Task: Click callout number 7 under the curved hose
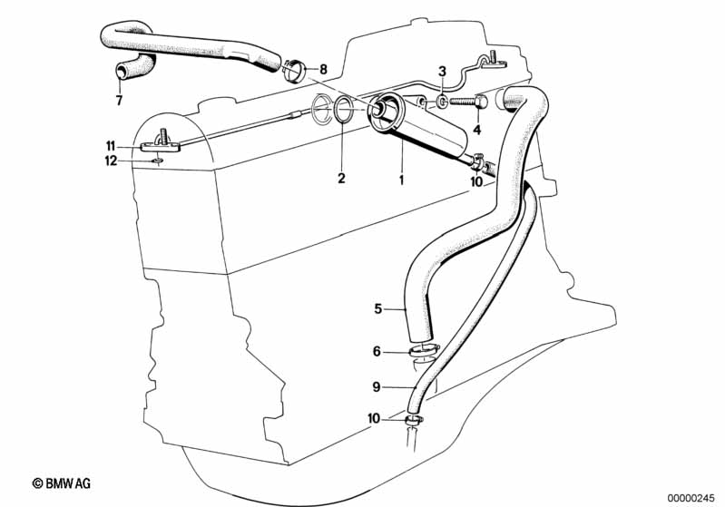coord(119,100)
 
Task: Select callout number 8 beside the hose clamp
coord(323,69)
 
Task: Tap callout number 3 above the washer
coord(443,72)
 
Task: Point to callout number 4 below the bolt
coord(477,131)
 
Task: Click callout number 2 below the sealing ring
coord(341,178)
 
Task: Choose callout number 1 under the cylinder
coord(401,180)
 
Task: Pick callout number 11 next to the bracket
coord(111,147)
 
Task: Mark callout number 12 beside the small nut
coord(111,161)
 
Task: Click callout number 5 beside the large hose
coord(378,308)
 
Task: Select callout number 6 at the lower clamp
coord(377,352)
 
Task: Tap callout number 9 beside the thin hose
coord(377,387)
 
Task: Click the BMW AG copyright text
coord(62,483)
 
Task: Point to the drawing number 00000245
coord(691,499)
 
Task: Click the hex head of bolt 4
coord(481,101)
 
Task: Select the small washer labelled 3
coord(443,102)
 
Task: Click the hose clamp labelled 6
coord(424,351)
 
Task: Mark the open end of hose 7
coord(121,72)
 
